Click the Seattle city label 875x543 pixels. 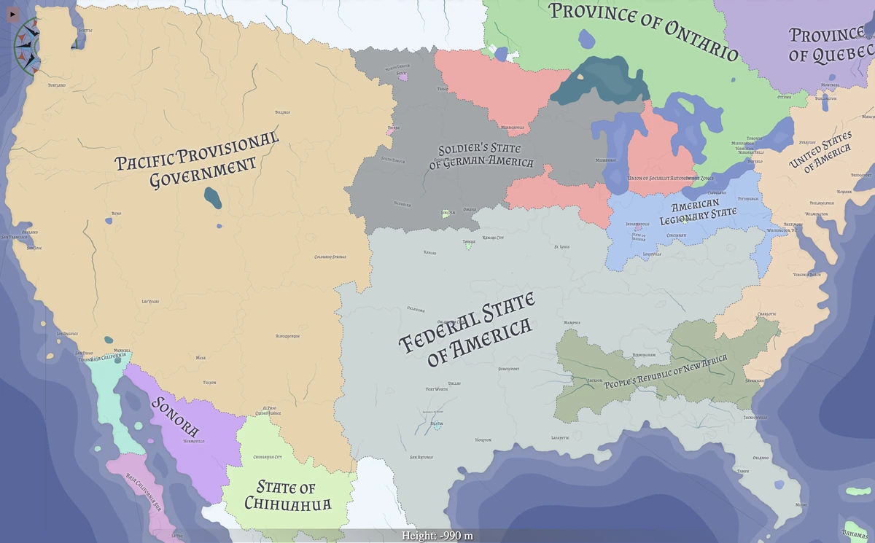(85, 31)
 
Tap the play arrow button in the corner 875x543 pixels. (12, 13)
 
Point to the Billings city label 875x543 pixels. (282, 112)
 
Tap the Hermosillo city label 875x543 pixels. (194, 441)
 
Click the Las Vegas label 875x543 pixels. (151, 301)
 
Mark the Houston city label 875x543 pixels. (483, 440)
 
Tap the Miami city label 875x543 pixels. (801, 504)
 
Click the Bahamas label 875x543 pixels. (855, 531)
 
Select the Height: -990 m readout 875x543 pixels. (437, 536)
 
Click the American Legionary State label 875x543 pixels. (698, 211)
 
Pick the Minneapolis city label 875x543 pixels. (513, 128)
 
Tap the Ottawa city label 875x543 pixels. (784, 97)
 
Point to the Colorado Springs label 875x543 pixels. (330, 257)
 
